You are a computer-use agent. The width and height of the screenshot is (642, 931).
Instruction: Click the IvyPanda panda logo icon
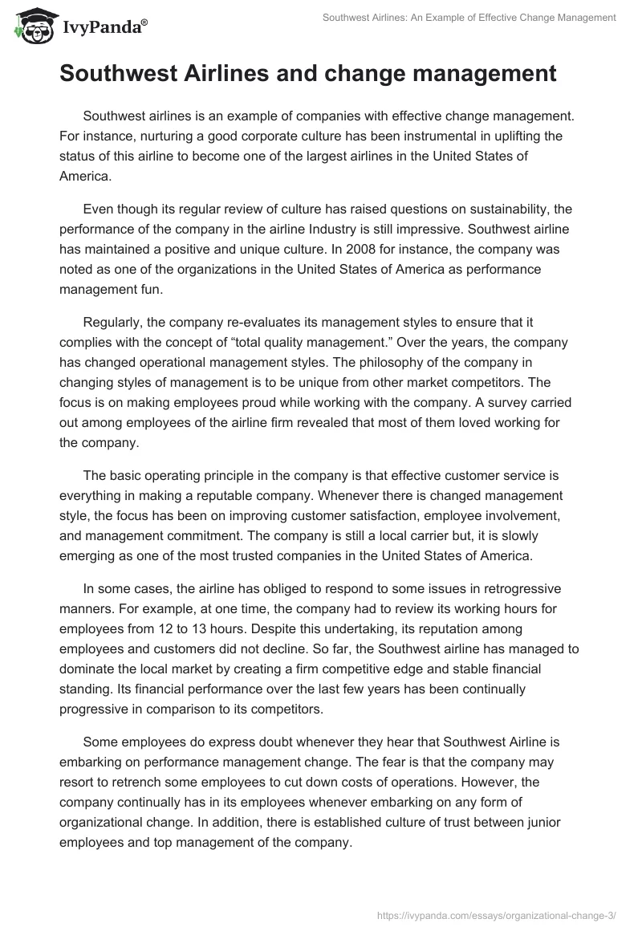[30, 27]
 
